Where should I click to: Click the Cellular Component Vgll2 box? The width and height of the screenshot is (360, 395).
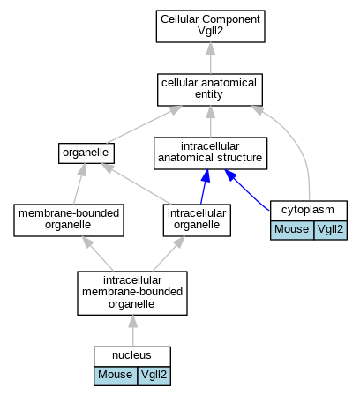(210, 26)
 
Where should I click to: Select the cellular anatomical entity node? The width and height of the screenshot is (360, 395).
(210, 90)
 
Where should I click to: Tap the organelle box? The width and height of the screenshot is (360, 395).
(86, 153)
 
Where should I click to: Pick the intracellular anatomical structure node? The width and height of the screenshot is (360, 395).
(210, 153)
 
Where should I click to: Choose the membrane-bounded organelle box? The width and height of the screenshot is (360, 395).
(69, 220)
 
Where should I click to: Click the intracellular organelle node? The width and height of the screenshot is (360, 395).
(197, 220)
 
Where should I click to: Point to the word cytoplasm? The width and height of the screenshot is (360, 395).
(308, 210)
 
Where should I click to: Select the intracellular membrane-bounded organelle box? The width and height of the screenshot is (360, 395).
(132, 293)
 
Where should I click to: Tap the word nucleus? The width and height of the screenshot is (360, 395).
(131, 355)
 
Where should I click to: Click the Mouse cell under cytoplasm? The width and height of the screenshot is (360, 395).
(292, 230)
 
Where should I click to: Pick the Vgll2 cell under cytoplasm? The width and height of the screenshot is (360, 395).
(331, 230)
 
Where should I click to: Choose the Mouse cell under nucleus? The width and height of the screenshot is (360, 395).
(116, 376)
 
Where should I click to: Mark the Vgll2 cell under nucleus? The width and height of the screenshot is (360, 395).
(154, 376)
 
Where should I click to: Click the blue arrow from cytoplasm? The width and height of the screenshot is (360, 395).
(246, 189)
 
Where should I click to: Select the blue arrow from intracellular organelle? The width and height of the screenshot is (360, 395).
(205, 187)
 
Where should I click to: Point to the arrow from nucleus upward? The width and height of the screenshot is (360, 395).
(132, 331)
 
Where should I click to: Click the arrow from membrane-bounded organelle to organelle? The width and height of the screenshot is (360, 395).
(79, 183)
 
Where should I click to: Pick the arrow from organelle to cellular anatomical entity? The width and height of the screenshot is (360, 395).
(144, 124)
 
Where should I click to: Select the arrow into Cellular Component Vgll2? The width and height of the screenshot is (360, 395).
(210, 58)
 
